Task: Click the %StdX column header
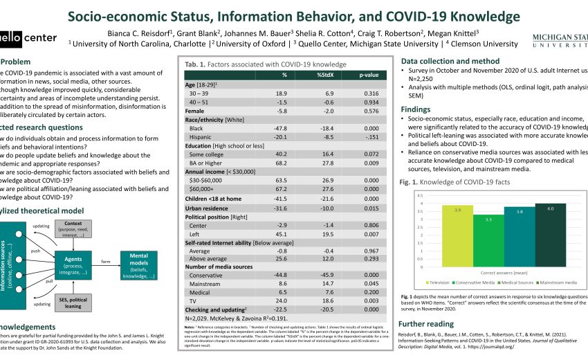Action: coord(325,75)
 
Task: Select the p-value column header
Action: coord(371,75)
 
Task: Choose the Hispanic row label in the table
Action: coord(201,137)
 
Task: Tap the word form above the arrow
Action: coord(106,262)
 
